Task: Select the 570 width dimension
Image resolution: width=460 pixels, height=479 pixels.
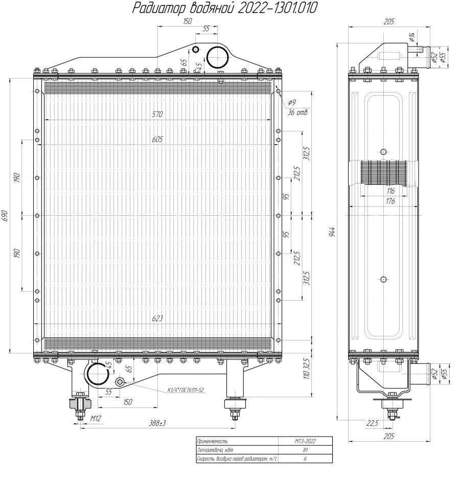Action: (x=157, y=115)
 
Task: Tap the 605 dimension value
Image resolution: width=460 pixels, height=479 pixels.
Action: (x=157, y=140)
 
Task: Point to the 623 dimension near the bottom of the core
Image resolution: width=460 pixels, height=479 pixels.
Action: (x=157, y=318)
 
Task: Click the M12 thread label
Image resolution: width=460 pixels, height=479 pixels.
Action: (x=95, y=419)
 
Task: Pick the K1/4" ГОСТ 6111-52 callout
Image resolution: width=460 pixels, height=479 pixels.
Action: (x=186, y=390)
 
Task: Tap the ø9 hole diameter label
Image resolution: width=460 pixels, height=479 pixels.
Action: (x=292, y=102)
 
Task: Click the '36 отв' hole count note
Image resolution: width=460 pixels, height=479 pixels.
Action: (x=297, y=112)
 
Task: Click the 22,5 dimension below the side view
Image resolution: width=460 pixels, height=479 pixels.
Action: (x=372, y=423)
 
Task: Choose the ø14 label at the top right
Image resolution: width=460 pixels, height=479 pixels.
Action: (x=411, y=36)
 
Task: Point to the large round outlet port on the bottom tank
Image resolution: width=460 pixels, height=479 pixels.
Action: (x=97, y=374)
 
